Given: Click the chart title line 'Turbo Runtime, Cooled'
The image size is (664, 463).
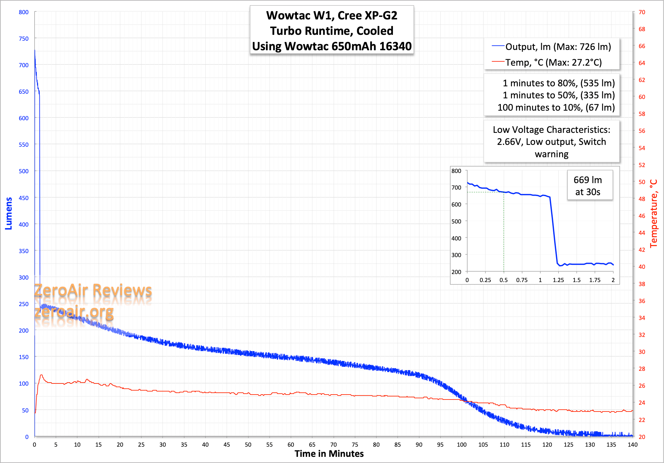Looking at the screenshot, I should pos(332,31).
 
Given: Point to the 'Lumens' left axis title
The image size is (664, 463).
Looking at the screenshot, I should pos(9,213).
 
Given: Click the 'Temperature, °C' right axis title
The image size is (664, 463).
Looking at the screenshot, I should pos(654,213).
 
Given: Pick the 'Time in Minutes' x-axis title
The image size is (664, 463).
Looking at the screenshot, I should pos(329,454).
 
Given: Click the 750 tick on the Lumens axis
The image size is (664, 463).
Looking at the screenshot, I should pos(23,39).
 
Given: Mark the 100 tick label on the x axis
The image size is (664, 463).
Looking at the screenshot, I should pos(461,445).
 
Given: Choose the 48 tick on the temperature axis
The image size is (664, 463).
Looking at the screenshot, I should pos(642,199).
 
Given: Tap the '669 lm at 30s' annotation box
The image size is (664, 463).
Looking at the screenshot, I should pos(588,186).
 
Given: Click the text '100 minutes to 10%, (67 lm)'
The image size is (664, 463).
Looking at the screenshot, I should pos(556,108).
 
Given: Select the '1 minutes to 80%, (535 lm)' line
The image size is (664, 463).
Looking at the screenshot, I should pos(559,83).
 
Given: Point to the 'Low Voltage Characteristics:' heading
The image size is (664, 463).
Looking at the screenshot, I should pos(551,130).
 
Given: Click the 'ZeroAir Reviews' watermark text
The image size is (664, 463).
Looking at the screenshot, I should pos(93,290).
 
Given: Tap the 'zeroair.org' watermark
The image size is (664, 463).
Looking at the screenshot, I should pos(74,312).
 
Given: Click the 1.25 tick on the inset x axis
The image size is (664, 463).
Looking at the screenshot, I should pos(558,280).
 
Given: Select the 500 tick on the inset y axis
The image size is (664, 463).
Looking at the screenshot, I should pos(456,221).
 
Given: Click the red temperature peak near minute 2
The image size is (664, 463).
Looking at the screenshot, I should pos(41,375).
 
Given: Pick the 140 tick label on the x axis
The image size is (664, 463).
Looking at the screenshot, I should pos(632,445).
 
